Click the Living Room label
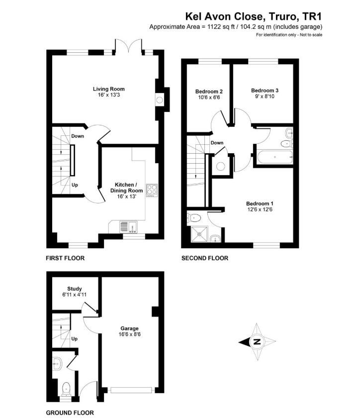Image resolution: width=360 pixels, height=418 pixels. tap(108, 89)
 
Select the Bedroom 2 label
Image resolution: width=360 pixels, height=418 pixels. tap(208, 92)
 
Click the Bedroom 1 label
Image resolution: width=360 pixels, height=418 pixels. tap(260, 204)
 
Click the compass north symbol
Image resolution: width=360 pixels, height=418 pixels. tap(257, 342)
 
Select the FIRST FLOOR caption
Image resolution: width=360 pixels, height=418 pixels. tap(65, 258)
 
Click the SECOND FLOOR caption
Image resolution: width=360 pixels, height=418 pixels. tap(205, 258)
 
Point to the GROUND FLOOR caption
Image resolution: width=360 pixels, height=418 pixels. tap(70, 413)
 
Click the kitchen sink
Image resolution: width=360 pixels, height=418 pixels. tap(129, 227)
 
